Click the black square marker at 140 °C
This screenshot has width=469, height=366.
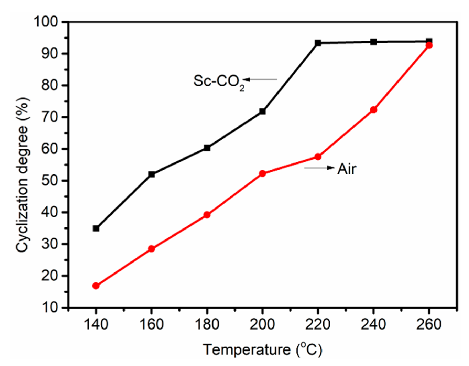coord(96,228)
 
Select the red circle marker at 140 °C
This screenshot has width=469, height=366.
coord(96,286)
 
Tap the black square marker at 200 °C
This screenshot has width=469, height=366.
coord(262,112)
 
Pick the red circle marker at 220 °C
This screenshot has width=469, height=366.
coord(318,157)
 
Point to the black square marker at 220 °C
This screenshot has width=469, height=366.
coord(318,43)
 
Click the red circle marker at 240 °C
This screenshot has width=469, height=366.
coord(373,110)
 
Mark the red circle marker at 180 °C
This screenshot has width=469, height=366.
coord(207,215)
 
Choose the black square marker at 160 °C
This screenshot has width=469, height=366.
coord(151,174)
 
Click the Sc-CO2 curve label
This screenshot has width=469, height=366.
coord(219,82)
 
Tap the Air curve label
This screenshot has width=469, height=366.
coord(347,169)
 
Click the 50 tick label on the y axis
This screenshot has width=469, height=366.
coord(50,181)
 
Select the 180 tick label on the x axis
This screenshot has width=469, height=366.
coord(207,324)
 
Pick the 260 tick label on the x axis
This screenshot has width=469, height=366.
coord(429,324)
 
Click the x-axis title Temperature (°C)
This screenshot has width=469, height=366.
coord(262,350)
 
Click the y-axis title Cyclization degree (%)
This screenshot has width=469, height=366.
coord(22,175)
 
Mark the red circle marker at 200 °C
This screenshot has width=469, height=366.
coord(262,173)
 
